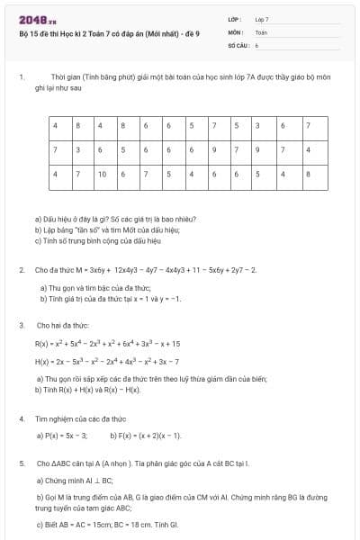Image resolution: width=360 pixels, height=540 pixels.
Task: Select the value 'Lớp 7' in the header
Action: coord(262,18)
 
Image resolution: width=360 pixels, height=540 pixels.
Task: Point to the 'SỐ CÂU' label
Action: coord(237,44)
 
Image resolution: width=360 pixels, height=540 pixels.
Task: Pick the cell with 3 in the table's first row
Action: coord(257,125)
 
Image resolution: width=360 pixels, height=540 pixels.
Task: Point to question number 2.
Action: coord(20,269)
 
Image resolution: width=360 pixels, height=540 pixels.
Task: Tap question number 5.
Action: coord(20,463)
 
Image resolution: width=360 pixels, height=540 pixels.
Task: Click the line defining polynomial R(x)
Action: coord(107,343)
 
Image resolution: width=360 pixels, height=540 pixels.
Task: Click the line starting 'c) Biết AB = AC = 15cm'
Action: coord(107,523)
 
